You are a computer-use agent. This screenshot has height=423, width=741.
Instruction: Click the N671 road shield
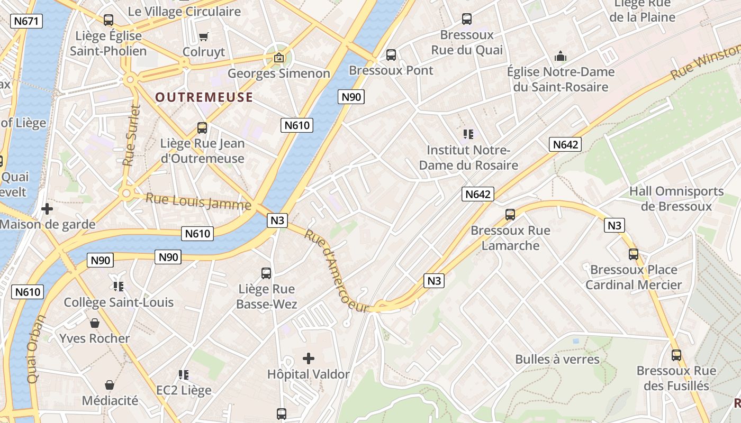(x=26, y=21)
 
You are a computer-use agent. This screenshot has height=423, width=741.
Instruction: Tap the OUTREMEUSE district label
(x=204, y=97)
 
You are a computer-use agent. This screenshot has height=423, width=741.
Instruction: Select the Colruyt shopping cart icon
(x=204, y=36)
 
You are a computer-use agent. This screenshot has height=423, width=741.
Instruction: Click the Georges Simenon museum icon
(x=278, y=58)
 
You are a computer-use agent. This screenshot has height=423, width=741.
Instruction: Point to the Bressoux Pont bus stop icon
(x=391, y=54)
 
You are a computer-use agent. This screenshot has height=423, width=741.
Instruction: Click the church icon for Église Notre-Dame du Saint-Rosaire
(x=560, y=56)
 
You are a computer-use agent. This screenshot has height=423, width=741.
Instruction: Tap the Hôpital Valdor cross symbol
(x=309, y=358)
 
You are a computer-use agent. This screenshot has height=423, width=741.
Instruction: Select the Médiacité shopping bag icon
(x=110, y=385)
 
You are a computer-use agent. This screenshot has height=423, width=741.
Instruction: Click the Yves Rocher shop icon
(x=95, y=323)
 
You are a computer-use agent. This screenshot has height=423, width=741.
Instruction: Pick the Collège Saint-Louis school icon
(x=119, y=287)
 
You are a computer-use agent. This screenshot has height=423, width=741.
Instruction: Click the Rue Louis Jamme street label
(x=198, y=201)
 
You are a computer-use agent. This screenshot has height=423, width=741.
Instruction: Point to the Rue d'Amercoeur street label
(x=336, y=272)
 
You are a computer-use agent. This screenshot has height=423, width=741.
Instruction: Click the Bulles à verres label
(x=557, y=360)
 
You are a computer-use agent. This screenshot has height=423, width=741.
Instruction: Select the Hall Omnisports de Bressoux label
(x=676, y=198)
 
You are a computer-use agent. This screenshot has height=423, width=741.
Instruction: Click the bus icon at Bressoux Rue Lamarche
(x=510, y=215)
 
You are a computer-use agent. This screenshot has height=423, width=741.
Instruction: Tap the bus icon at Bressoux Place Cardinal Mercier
(x=634, y=254)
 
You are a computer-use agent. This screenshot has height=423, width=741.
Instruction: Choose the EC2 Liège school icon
(x=184, y=375)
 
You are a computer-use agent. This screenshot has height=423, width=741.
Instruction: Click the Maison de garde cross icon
(x=47, y=209)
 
